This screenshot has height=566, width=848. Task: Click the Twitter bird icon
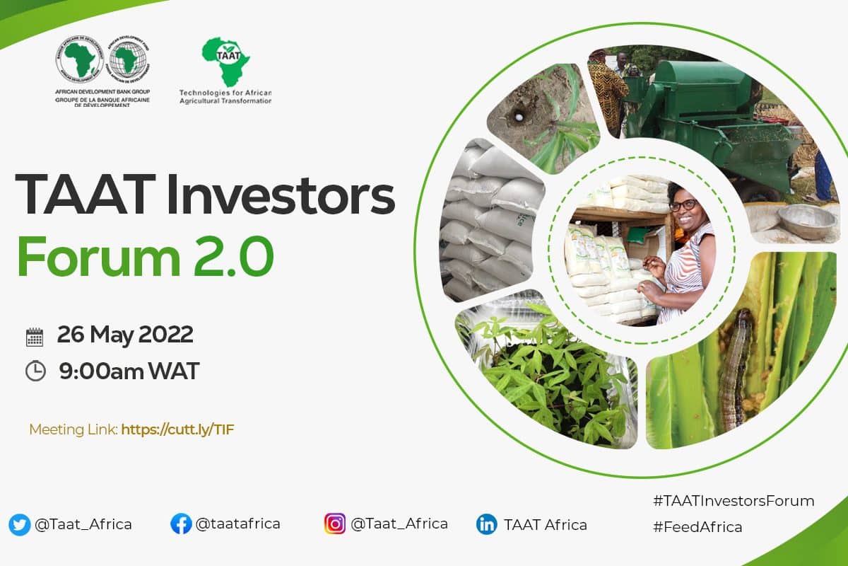pos(19,525)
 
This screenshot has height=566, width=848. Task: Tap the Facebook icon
pos(181,524)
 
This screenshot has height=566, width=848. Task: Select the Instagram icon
pos(335,524)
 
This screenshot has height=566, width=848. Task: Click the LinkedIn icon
pos(486,525)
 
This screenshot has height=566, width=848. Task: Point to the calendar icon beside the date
pos(35,337)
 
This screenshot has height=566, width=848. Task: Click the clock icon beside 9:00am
pos(35,371)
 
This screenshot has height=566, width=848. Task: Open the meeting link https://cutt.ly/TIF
pos(177,430)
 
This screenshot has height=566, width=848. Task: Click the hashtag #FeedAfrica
pos(697,527)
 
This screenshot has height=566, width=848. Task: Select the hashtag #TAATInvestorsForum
pos(734,501)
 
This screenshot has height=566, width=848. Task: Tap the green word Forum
pos(98,257)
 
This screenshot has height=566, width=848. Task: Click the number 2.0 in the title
pos(234,257)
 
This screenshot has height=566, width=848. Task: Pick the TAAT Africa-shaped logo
pos(226,62)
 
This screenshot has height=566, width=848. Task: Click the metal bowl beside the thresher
pos(807,221)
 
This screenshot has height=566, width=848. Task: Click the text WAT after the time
pos(174,371)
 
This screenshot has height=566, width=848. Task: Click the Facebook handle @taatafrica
pos(237,524)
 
